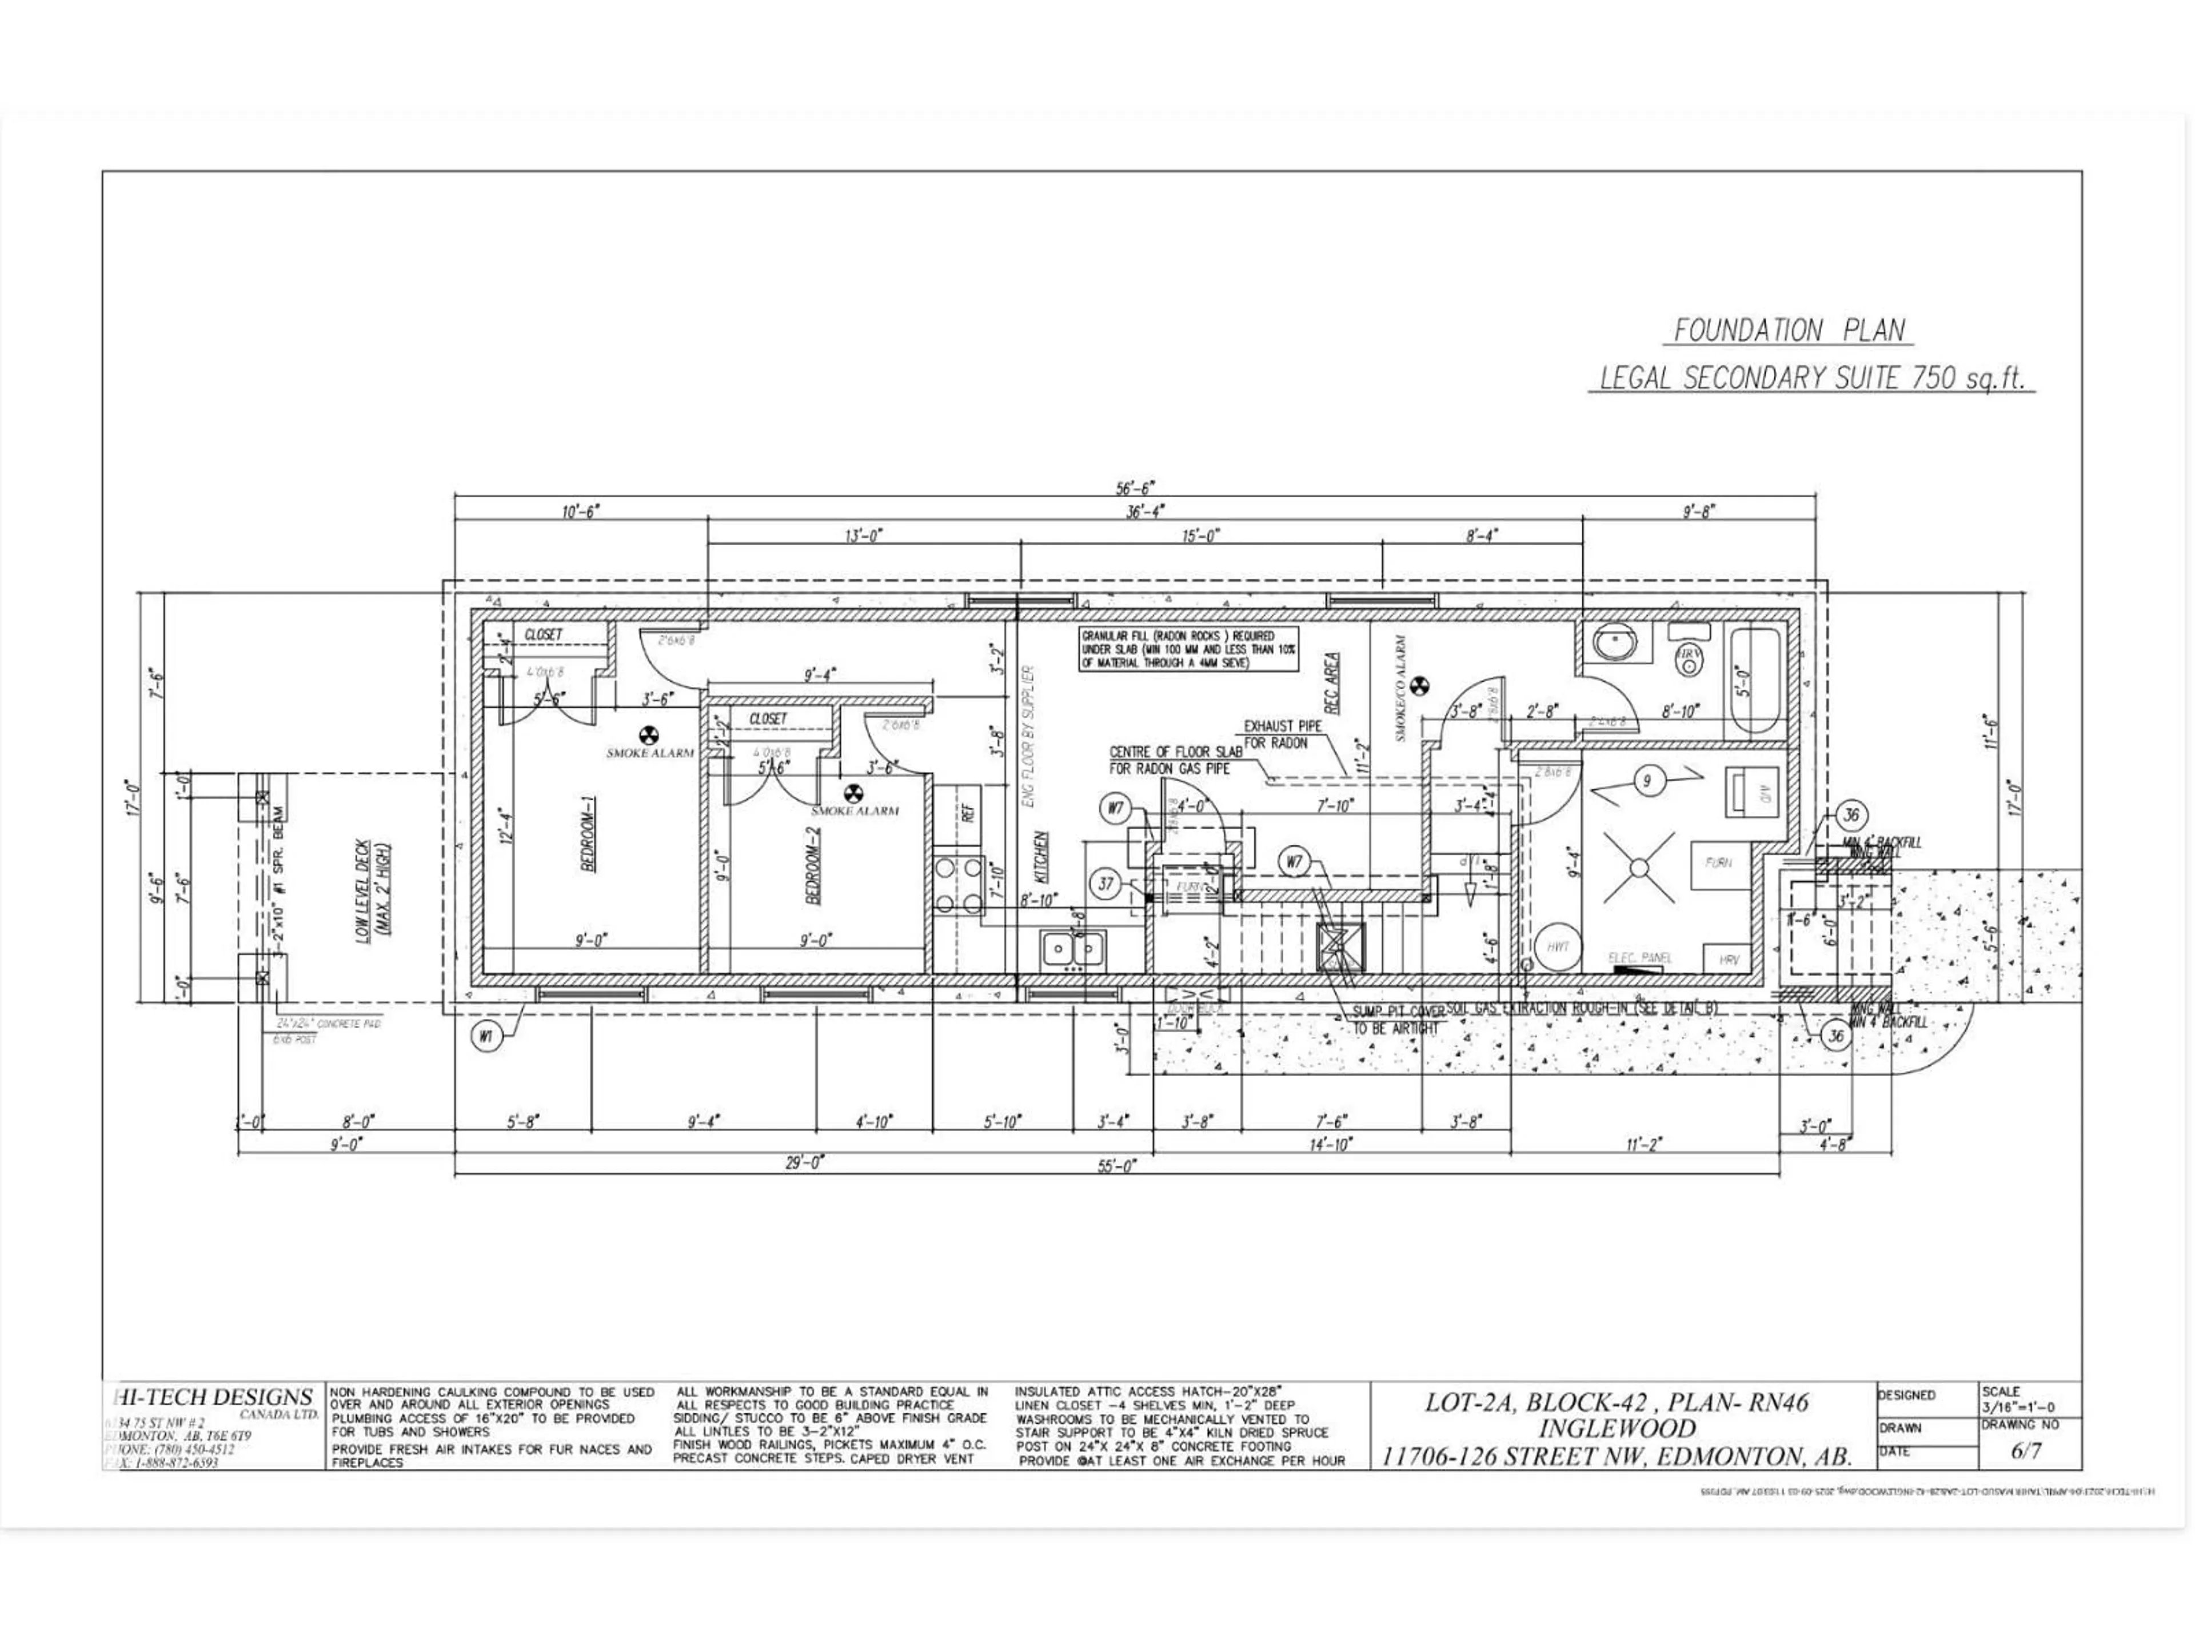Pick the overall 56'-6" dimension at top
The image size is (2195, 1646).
(x=1135, y=487)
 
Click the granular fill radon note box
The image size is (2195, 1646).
(x=1179, y=649)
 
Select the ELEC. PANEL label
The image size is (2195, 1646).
(x=1639, y=957)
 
